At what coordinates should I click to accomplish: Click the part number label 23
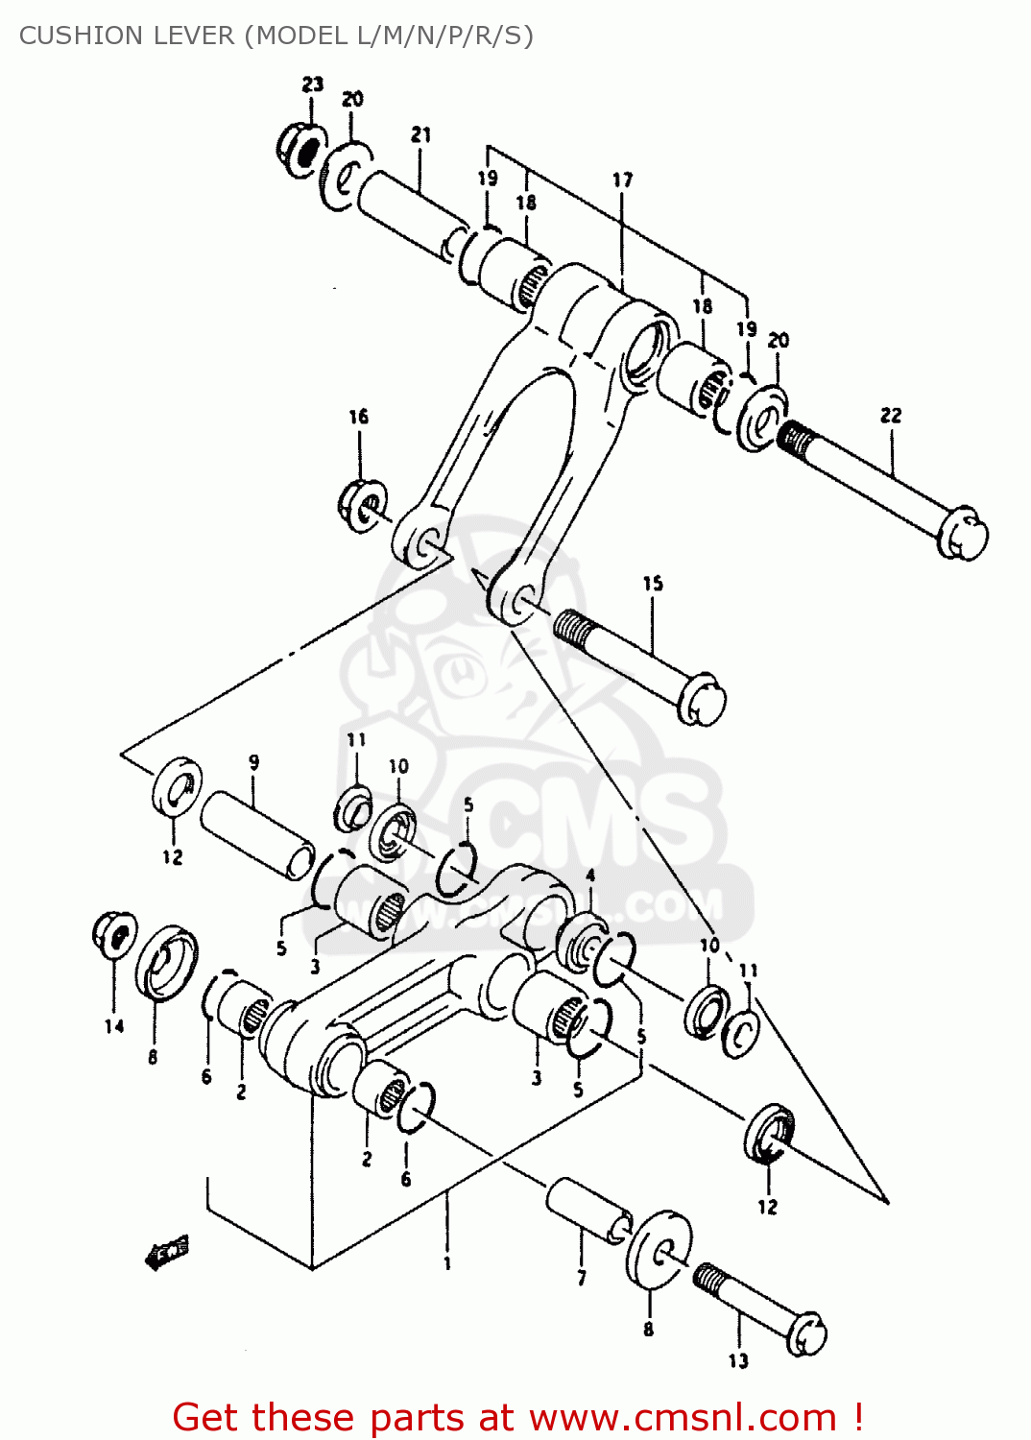(313, 84)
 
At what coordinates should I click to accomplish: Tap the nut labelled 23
(301, 150)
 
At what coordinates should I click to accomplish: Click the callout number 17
(622, 180)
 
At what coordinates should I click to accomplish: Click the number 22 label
(891, 416)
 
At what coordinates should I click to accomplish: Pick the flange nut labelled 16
(363, 504)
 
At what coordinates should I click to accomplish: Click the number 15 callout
(653, 584)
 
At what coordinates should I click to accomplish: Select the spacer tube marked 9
(257, 834)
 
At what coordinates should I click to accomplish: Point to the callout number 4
(590, 876)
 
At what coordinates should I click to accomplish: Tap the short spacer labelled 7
(588, 1212)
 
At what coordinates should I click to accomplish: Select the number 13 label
(738, 1360)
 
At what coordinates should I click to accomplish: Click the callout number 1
(447, 1264)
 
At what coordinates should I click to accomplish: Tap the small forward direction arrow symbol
(167, 1252)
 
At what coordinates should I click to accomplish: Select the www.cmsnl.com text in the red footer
(683, 1418)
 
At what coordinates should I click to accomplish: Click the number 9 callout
(253, 763)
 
